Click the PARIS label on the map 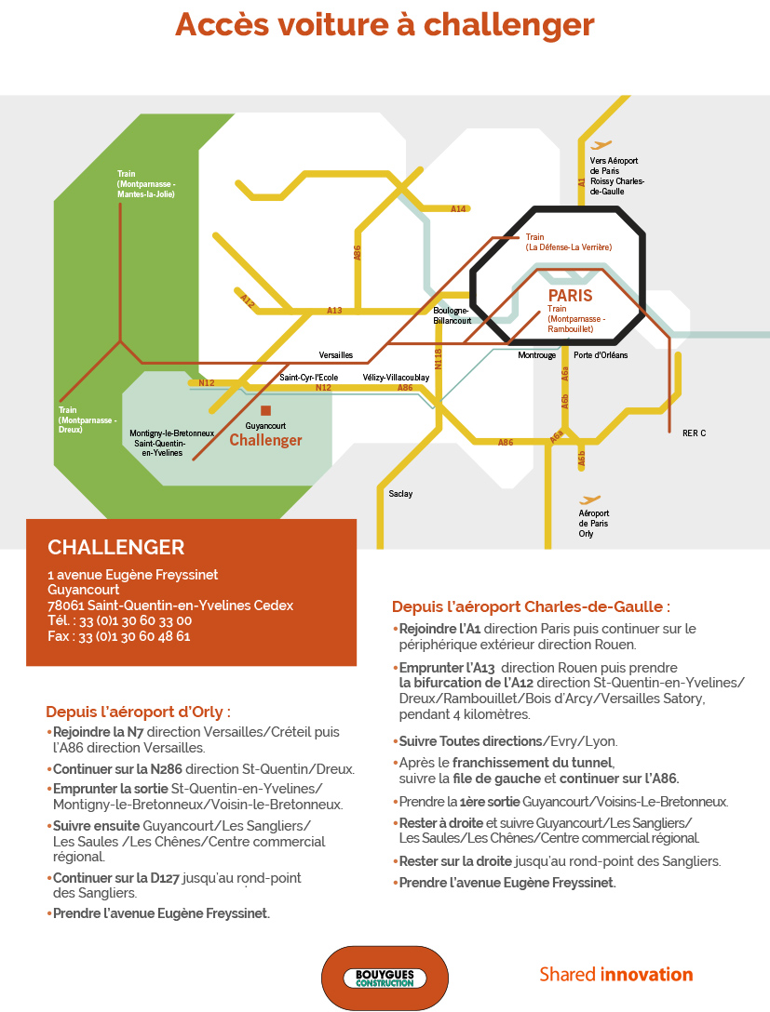click(570, 296)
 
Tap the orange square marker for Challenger click(265, 410)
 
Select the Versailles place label click(336, 355)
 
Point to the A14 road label click(458, 208)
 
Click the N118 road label click(438, 359)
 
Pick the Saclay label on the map click(400, 494)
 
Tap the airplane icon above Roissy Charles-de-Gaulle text click(601, 144)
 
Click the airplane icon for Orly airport click(589, 499)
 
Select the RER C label click(694, 433)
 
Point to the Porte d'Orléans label click(601, 355)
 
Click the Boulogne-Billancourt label click(452, 315)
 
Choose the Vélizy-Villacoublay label click(396, 378)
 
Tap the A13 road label click(334, 311)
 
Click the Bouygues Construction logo click(385, 979)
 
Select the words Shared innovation click(616, 975)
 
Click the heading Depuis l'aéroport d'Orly click(138, 712)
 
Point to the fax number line click(119, 636)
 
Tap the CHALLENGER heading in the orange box click(116, 547)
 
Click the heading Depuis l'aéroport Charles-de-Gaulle click(531, 606)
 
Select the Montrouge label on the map click(537, 355)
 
